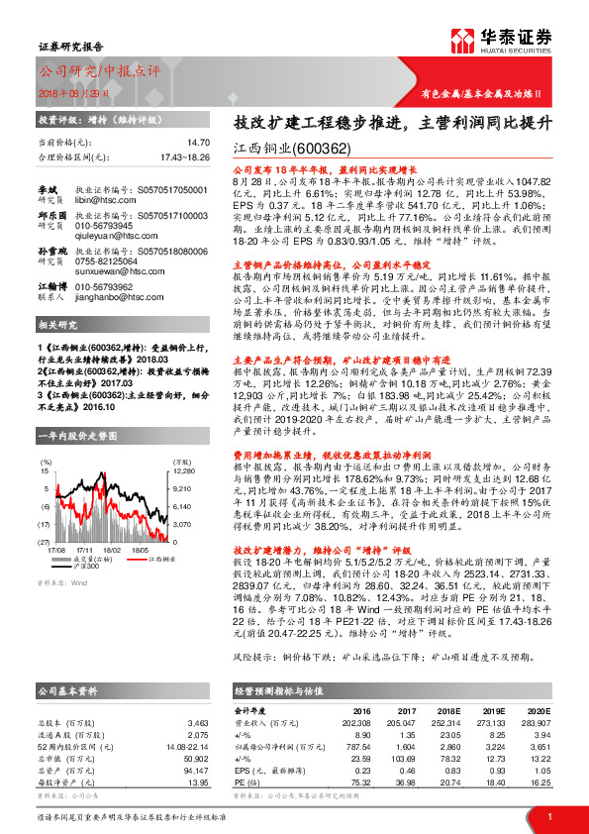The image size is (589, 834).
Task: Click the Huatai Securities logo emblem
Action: click(461, 42)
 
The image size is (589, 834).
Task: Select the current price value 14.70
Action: click(199, 144)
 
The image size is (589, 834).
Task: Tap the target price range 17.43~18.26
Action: click(183, 156)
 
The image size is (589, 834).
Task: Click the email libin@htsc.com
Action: click(100, 201)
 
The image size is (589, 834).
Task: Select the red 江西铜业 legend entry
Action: click(141, 559)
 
